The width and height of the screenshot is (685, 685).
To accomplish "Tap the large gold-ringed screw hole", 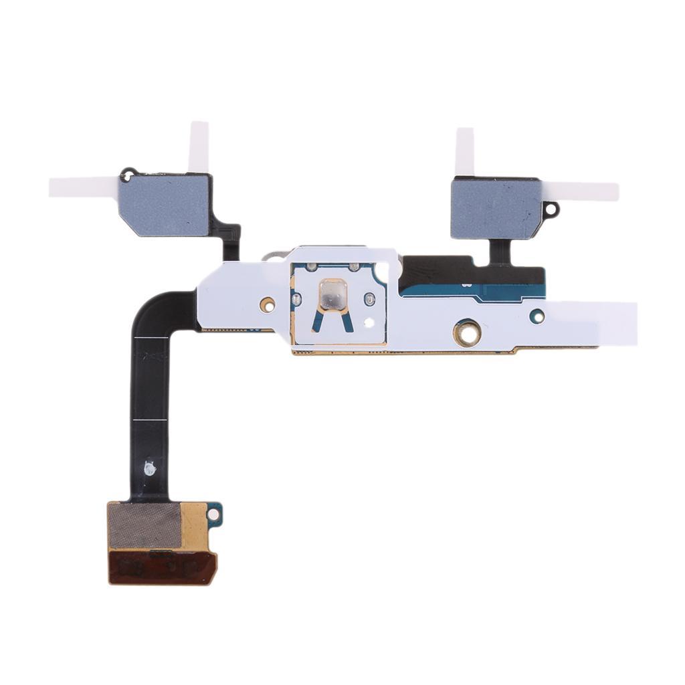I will click(466, 332).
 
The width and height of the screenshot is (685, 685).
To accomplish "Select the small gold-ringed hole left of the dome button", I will click(268, 305).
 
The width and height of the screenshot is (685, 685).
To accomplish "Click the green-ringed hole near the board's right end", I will click(536, 315).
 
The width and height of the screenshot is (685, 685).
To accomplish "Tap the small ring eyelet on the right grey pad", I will click(551, 209).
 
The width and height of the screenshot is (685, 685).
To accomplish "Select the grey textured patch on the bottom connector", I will click(144, 526).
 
